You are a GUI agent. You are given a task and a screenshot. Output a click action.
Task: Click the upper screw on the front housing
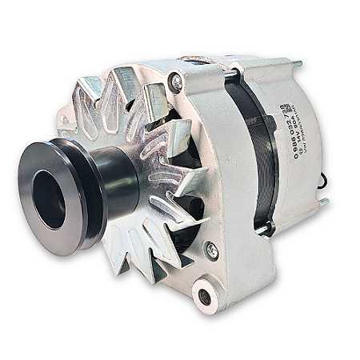tap(176, 81)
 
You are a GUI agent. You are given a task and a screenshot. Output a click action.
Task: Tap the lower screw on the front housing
tap(212, 251)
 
